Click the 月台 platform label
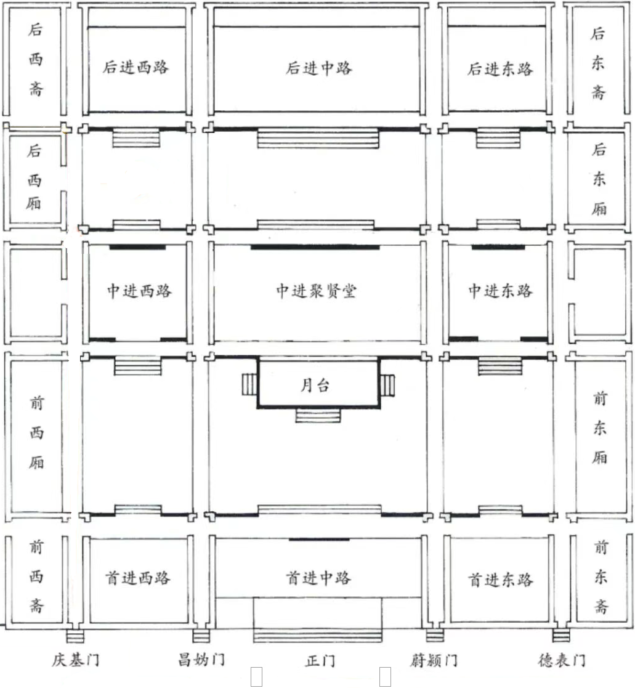pyautogui.click(x=315, y=385)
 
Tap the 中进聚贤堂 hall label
pyautogui.click(x=316, y=291)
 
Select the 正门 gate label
pyautogui.click(x=320, y=660)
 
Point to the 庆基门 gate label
pyautogui.click(x=75, y=660)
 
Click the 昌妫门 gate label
pyautogui.click(x=201, y=659)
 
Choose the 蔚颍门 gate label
pyautogui.click(x=434, y=660)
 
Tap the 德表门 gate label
pyautogui.click(x=562, y=660)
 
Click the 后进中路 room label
pyautogui.click(x=318, y=68)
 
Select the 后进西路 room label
pyautogui.click(x=135, y=67)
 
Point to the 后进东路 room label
pyautogui.click(x=500, y=69)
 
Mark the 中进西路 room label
pyautogui.click(x=139, y=291)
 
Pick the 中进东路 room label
pyautogui.click(x=500, y=290)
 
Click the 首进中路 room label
pyautogui.click(x=318, y=577)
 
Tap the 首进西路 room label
pyautogui.click(x=137, y=577)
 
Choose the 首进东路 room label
pyautogui.click(x=500, y=580)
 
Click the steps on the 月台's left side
pyautogui.click(x=249, y=384)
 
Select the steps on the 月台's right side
pyautogui.click(x=387, y=385)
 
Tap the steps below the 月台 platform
pyautogui.click(x=318, y=415)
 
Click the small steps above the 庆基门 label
pyautogui.click(x=75, y=636)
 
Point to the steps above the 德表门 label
pyautogui.click(x=561, y=635)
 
